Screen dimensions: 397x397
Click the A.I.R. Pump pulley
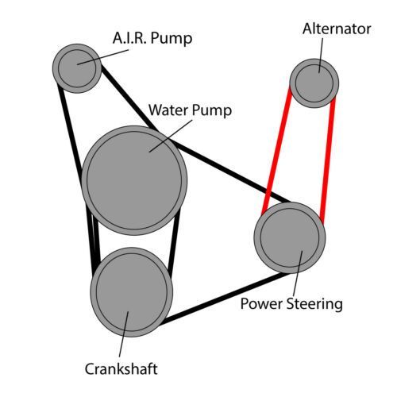click(x=77, y=68)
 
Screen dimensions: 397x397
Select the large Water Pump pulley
click(x=134, y=180)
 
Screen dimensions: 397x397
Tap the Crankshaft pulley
click(x=132, y=292)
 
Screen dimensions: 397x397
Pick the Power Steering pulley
click(x=290, y=237)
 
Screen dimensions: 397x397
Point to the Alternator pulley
click(x=314, y=83)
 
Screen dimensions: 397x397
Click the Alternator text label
click(x=337, y=29)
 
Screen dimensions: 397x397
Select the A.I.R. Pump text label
click(x=152, y=39)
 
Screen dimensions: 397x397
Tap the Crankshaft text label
click(x=121, y=368)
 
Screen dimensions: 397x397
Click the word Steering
click(x=314, y=304)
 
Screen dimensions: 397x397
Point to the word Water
click(x=168, y=110)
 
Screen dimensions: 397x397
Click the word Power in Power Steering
click(x=262, y=304)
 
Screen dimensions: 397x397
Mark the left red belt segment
click(x=277, y=151)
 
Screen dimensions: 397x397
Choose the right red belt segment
click(x=328, y=160)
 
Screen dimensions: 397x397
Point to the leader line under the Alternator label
click(x=321, y=55)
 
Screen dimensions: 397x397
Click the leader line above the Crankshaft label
click(x=124, y=334)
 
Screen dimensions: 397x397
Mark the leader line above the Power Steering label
click(x=298, y=272)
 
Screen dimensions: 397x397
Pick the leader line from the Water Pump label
click(x=171, y=136)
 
